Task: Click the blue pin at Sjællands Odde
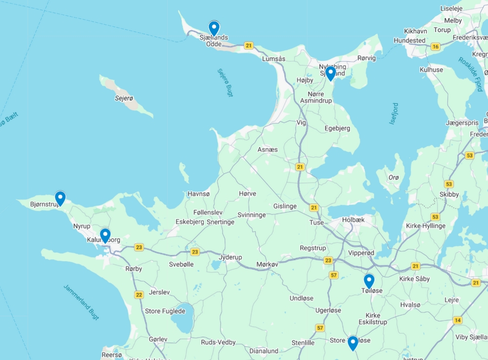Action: (214, 28)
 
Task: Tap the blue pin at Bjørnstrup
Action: (60, 198)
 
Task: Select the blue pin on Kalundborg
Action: (105, 235)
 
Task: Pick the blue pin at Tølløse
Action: (369, 281)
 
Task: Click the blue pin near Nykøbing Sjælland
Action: (330, 73)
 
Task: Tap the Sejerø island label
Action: (124, 98)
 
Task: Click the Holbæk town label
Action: (354, 220)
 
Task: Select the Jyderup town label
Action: (230, 257)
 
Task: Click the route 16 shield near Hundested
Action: (435, 47)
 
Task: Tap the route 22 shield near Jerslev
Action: (139, 295)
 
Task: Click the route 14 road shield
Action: (457, 320)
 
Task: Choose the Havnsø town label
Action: (199, 194)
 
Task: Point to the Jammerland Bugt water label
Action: (81, 302)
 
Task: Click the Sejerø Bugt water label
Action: (225, 83)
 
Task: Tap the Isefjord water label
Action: (394, 113)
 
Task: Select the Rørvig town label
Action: (366, 58)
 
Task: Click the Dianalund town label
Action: (264, 351)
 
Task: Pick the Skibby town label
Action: (449, 194)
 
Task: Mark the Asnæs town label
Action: (267, 149)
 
